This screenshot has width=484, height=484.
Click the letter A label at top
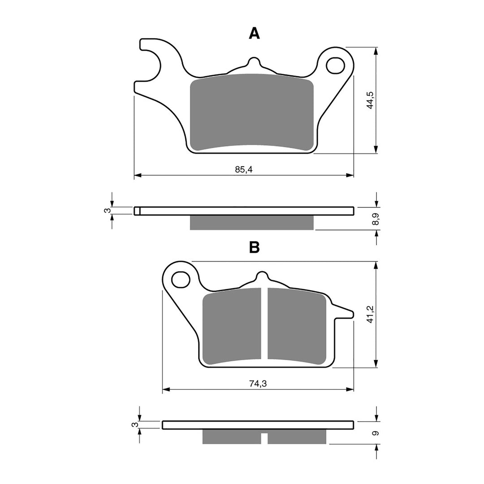(254, 33)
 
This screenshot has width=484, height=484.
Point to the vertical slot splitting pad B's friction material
(264, 323)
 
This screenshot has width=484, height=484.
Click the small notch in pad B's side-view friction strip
(264, 438)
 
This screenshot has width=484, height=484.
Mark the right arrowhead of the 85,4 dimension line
(350, 175)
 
